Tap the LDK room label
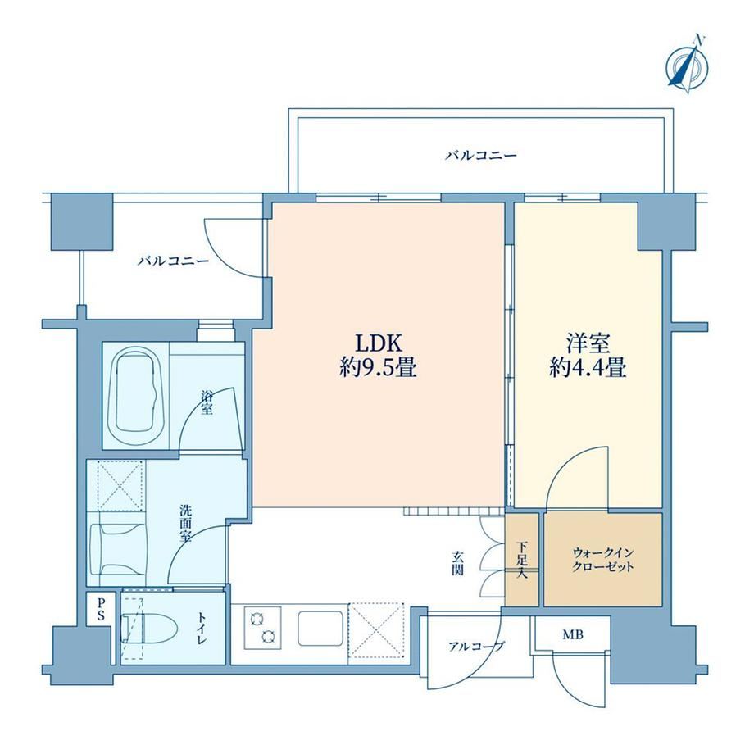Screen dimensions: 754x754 tap(378, 343)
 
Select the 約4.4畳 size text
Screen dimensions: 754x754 tap(588, 370)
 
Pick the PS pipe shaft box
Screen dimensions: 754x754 tap(101, 609)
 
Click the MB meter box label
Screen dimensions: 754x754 tap(573, 634)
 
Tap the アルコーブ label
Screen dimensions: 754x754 tap(476, 646)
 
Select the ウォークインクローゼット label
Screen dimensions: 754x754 tap(602, 560)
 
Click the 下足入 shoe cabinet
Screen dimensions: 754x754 tap(522, 560)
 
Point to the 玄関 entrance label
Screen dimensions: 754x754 tap(457, 563)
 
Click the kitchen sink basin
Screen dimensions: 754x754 tap(320, 629)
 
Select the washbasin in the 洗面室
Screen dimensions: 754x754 tap(118, 548)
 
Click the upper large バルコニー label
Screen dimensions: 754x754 tap(480, 156)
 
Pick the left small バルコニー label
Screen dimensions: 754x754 tap(174, 261)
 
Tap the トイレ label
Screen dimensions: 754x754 tap(202, 629)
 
